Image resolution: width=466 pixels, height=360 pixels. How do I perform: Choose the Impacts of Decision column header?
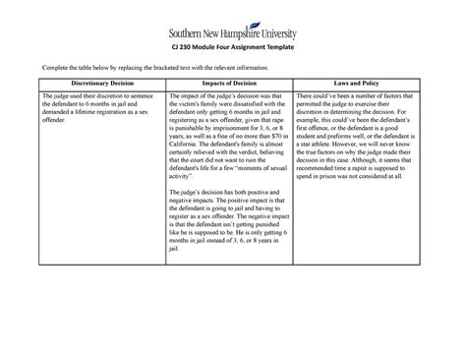point(232,83)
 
